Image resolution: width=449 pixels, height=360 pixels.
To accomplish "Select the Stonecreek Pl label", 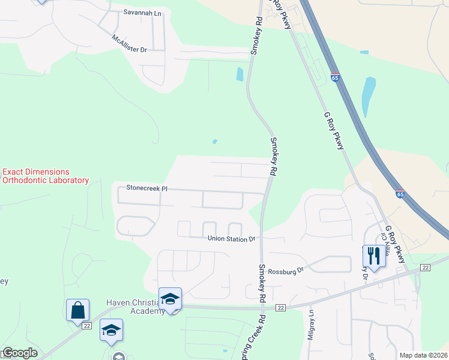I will [146, 188].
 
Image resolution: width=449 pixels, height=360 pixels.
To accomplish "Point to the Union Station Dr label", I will [231, 238].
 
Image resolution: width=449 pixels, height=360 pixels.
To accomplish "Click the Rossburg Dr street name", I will [287, 271].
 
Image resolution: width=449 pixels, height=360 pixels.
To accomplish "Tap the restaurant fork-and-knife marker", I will [373, 256].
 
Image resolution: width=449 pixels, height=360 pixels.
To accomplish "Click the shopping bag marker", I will [78, 311].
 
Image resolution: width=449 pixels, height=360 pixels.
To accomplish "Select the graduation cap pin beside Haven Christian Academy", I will [170, 299].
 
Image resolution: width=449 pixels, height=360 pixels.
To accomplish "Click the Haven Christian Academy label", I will [135, 306].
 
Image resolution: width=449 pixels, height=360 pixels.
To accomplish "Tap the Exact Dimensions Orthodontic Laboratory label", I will [45, 176].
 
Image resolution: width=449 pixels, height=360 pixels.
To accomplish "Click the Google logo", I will [20, 353].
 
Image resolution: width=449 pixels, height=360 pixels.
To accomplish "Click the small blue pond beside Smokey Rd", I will [240, 74].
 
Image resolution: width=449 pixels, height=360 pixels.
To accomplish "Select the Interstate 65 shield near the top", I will [335, 77].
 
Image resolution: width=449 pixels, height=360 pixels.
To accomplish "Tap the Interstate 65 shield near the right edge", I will [400, 193].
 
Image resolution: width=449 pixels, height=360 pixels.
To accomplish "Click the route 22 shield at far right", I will [426, 268].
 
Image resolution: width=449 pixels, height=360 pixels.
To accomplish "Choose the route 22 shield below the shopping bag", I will [86, 326].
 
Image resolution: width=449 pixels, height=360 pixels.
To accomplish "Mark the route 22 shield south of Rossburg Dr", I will [280, 307].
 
